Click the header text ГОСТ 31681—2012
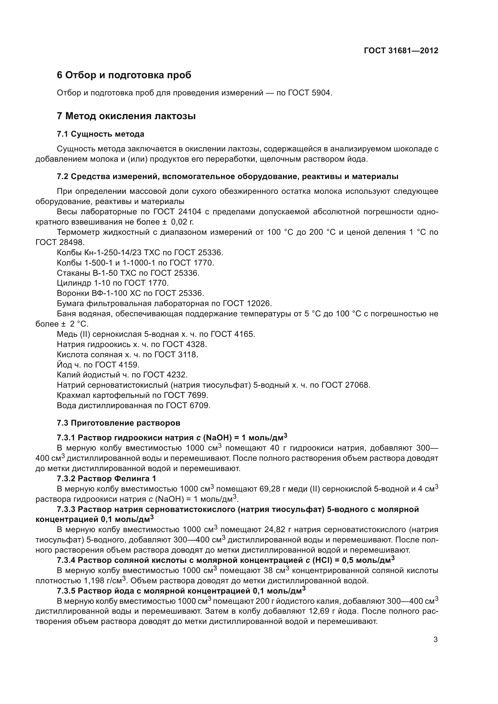[x=401, y=51]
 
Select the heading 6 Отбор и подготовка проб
[x=124, y=75]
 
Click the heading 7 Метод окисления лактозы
[x=126, y=116]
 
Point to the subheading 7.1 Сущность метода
[x=100, y=134]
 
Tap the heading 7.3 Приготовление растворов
[x=118, y=423]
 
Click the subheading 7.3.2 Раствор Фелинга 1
[x=106, y=478]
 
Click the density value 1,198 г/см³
[x=104, y=580]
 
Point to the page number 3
[x=435, y=640]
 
